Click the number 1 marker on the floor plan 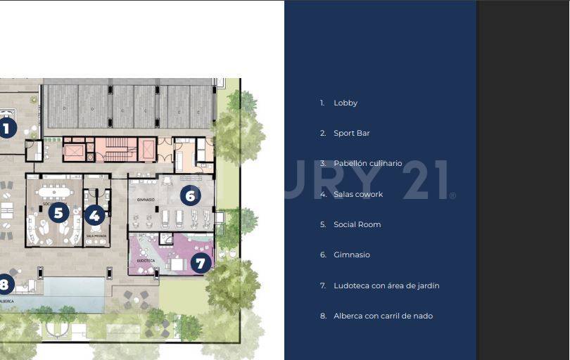pos(6,129)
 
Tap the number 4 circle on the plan pos(95,215)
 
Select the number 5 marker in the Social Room pos(58,212)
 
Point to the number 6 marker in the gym pos(189,195)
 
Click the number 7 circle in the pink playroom pos(201,264)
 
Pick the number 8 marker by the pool pos(5,285)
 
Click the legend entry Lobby pos(345,103)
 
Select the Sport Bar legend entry pos(351,133)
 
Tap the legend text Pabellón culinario pos(367,164)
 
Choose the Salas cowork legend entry pos(358,194)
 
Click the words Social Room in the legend pos(357,224)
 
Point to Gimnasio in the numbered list pos(351,255)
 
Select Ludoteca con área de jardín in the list pos(386,285)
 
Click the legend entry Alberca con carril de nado pos(383,316)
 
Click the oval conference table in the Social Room pos(55,191)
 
